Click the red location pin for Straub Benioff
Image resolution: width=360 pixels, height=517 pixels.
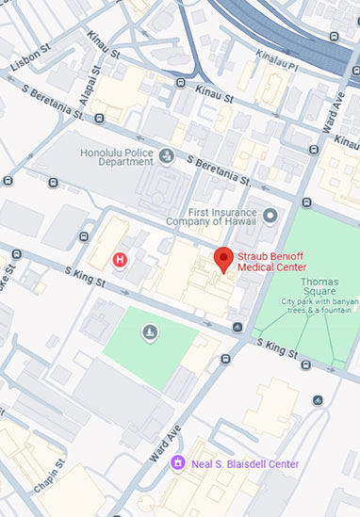coord(223,257)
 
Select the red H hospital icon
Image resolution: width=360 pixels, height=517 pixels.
coord(120,259)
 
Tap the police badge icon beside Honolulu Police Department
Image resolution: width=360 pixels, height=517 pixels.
coord(167,155)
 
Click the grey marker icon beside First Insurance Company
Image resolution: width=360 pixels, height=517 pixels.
coord(270,216)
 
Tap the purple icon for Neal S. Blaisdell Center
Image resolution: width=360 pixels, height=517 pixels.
coord(177,463)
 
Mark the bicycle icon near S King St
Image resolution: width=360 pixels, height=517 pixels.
coord(317,400)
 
